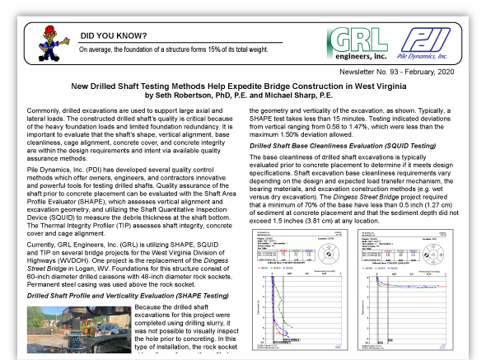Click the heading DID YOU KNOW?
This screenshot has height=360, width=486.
tap(114, 36)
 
